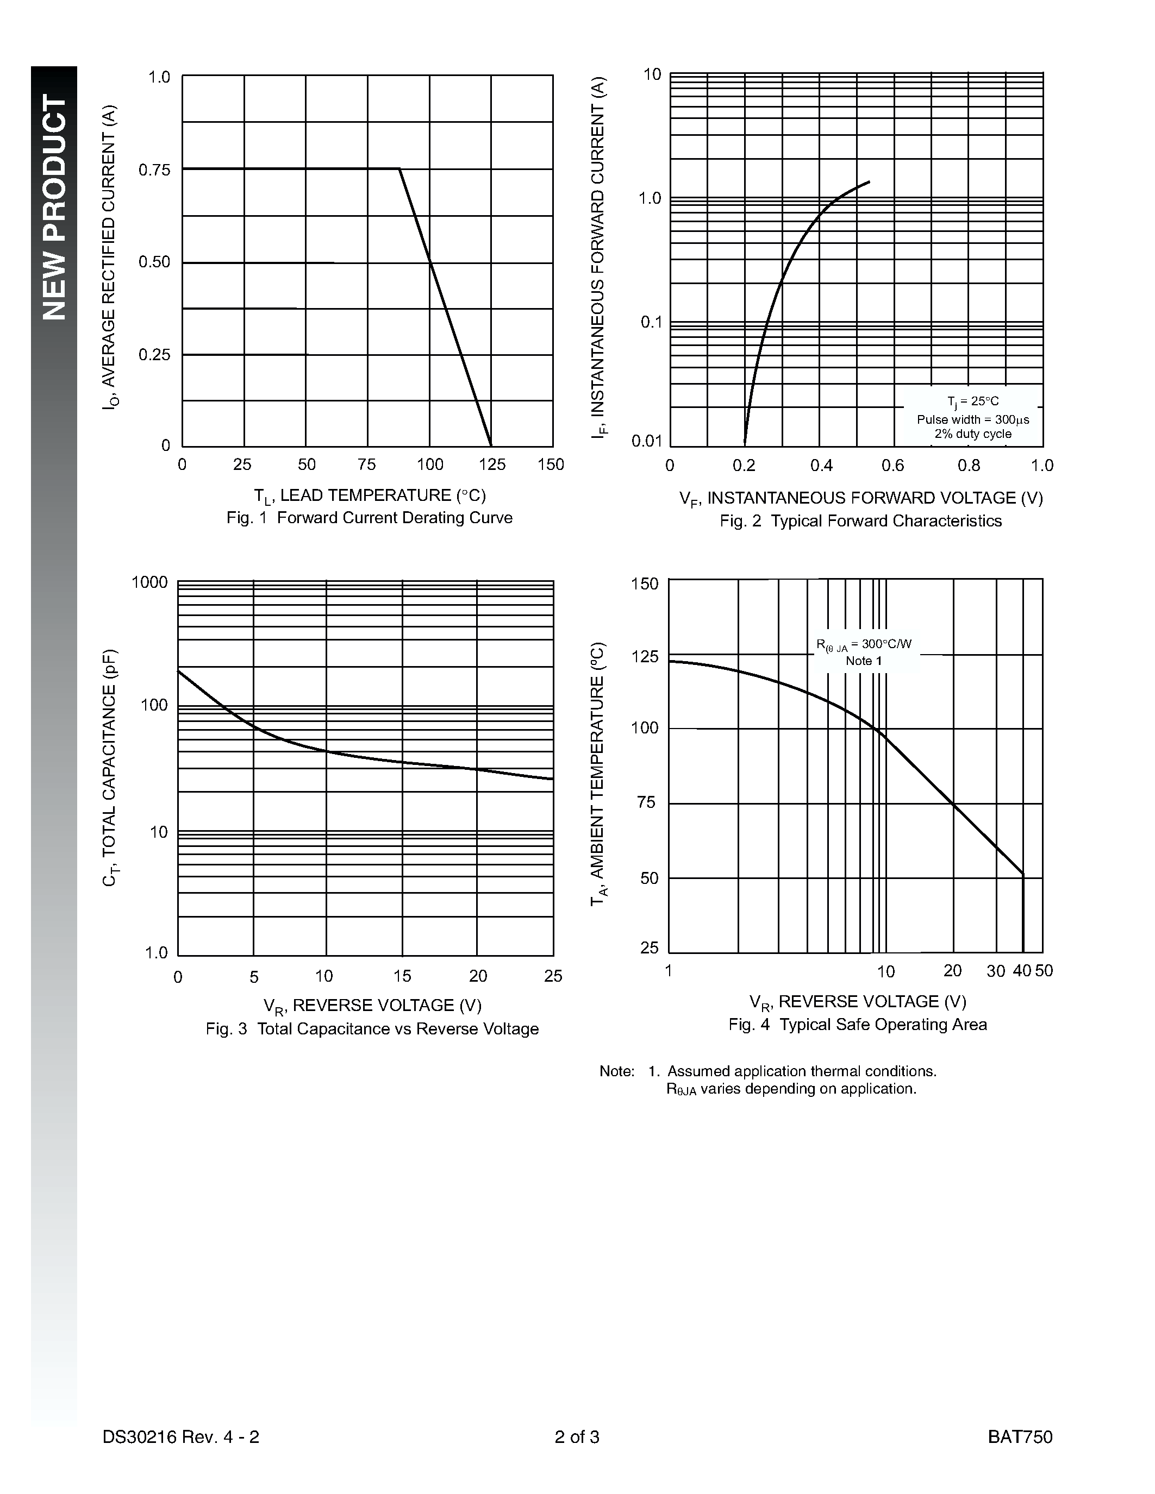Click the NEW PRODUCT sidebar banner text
pyautogui.click(x=55, y=208)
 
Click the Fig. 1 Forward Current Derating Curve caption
pyautogui.click(x=370, y=518)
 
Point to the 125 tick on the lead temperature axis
pyautogui.click(x=492, y=465)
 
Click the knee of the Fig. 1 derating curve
pyautogui.click(x=399, y=169)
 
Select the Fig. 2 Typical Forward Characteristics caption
pyautogui.click(x=860, y=521)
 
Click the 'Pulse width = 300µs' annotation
pyautogui.click(x=972, y=419)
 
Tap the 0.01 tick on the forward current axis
pyautogui.click(x=647, y=441)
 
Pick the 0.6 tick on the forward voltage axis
pyautogui.click(x=893, y=466)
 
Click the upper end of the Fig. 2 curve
pyautogui.click(x=869, y=181)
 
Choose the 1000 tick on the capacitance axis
pyautogui.click(x=149, y=583)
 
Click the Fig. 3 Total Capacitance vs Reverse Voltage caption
pyautogui.click(x=372, y=1029)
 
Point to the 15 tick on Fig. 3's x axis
pyautogui.click(x=402, y=976)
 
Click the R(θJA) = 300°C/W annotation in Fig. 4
pyautogui.click(x=864, y=644)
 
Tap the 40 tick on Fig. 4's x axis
pyautogui.click(x=1022, y=971)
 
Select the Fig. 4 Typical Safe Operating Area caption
pyautogui.click(x=857, y=1024)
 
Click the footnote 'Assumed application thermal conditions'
pyautogui.click(x=801, y=1071)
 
